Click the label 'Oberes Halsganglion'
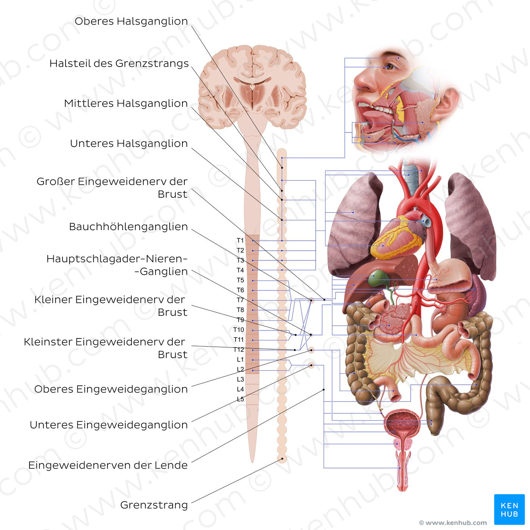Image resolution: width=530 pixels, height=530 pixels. point(131,21)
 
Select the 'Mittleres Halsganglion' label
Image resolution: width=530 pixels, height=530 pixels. point(126,103)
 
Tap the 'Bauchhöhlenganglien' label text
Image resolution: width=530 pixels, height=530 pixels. point(128,227)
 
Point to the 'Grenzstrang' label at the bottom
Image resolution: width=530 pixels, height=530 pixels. point(154,505)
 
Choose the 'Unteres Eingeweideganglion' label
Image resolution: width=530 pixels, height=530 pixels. point(109,425)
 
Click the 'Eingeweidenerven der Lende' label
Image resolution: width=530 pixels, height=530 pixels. point(108,465)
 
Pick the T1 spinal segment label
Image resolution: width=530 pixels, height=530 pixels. point(240,240)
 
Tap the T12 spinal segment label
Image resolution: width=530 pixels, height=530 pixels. point(239,350)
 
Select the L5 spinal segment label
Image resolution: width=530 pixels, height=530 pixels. point(240,399)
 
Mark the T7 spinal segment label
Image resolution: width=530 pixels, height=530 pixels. point(240,300)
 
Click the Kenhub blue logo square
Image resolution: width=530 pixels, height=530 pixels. point(509,509)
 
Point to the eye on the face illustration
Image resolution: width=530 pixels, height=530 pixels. point(390,67)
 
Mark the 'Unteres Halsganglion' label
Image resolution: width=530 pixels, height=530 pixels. point(129,143)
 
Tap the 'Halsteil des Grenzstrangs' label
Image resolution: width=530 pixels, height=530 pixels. point(119,64)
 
